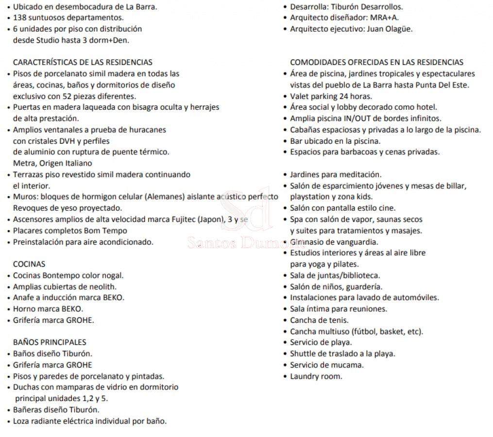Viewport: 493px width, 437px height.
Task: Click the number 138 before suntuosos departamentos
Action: (x=19, y=18)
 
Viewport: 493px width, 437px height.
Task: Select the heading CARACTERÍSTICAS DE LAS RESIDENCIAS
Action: (x=83, y=62)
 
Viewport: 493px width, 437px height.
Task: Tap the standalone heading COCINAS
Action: (x=29, y=264)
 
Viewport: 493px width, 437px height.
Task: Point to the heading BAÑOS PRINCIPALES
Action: (x=49, y=342)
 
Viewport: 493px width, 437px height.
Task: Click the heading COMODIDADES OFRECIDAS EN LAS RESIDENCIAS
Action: (x=376, y=62)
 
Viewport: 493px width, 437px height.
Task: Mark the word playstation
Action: (x=310, y=197)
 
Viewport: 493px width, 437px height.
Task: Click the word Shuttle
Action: (x=303, y=353)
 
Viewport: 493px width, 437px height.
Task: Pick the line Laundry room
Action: (x=316, y=376)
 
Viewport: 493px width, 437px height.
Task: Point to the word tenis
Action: (x=338, y=320)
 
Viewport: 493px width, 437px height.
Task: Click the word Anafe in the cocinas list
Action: (x=23, y=298)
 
